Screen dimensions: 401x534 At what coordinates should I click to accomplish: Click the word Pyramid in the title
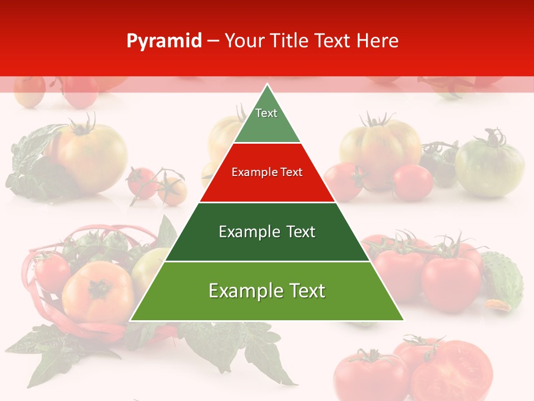pyautogui.click(x=164, y=41)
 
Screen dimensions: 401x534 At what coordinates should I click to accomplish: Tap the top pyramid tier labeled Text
pyautogui.click(x=266, y=120)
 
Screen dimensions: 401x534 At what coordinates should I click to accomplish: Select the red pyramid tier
pyautogui.click(x=267, y=178)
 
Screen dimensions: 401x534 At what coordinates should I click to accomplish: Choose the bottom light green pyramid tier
pyautogui.click(x=267, y=298)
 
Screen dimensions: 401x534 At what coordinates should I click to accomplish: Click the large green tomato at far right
pyautogui.click(x=489, y=167)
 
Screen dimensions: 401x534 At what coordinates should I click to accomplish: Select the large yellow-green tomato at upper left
pyautogui.click(x=92, y=156)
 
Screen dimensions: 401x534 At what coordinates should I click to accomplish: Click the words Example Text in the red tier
pyautogui.click(x=267, y=172)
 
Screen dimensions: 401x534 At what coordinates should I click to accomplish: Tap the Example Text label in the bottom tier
pyautogui.click(x=267, y=291)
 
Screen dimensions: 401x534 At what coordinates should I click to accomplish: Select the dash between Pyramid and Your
pyautogui.click(x=213, y=41)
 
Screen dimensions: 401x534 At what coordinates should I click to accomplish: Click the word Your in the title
pyautogui.click(x=243, y=41)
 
